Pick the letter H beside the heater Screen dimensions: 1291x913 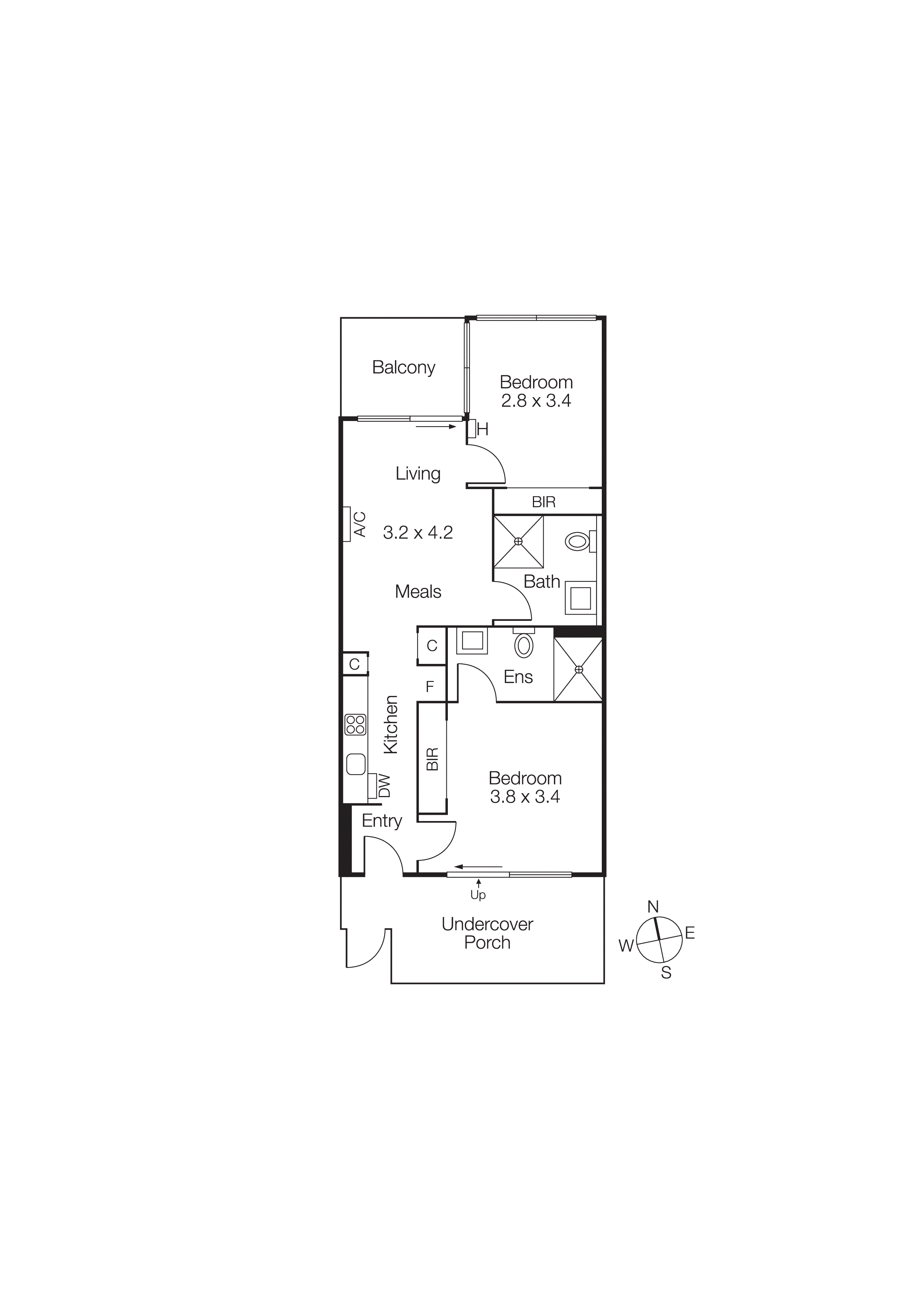pyautogui.click(x=483, y=429)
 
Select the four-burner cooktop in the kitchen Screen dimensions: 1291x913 pyautogui.click(x=355, y=725)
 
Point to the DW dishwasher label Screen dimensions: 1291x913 pyautogui.click(x=384, y=786)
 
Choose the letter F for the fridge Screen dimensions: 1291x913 pyautogui.click(x=430, y=687)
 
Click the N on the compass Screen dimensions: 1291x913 pyautogui.click(x=653, y=906)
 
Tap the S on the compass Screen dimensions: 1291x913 pyautogui.click(x=666, y=973)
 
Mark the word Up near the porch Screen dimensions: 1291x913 pyautogui.click(x=478, y=895)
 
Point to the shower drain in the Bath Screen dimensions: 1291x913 pyautogui.click(x=518, y=541)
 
